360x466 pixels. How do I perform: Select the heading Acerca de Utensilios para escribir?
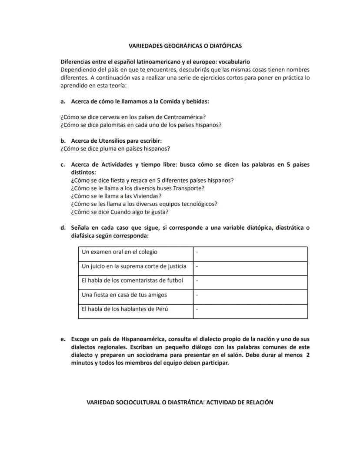(x=116, y=141)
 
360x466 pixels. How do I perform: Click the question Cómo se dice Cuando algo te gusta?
(x=120, y=212)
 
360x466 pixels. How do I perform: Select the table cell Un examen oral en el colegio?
(x=120, y=252)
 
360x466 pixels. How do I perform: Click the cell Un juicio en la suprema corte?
(x=133, y=266)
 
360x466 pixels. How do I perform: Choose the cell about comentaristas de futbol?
(x=132, y=281)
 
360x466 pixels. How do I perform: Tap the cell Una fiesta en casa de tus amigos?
(x=124, y=295)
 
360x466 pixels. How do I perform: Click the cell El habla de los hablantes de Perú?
(x=125, y=309)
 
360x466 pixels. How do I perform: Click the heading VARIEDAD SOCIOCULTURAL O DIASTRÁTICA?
(x=180, y=402)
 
